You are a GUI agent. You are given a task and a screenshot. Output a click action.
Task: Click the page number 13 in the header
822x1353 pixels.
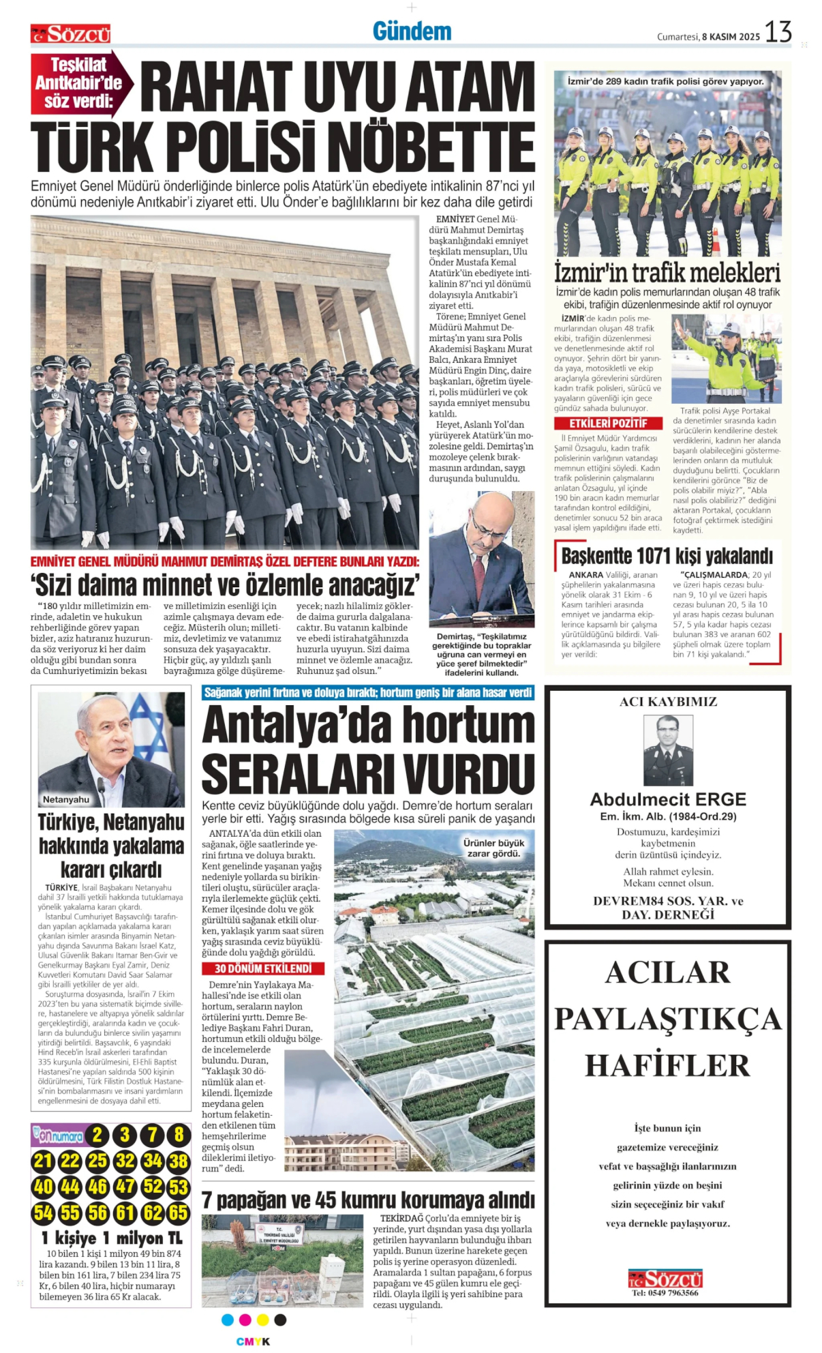click(778, 32)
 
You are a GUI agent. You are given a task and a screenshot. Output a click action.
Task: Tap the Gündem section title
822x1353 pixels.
click(412, 31)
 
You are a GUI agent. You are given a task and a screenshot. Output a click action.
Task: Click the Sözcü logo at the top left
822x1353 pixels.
click(70, 34)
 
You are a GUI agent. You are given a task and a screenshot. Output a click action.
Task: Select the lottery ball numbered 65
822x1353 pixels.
click(179, 1213)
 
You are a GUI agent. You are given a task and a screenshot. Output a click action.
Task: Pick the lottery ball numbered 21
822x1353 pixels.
click(43, 1161)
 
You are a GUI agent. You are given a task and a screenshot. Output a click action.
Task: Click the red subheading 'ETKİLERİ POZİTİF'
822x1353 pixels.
click(608, 423)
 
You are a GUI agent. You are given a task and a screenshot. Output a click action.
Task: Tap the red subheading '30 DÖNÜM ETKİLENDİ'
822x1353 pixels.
click(263, 968)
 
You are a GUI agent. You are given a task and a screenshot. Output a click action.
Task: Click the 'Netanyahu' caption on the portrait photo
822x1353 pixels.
click(66, 799)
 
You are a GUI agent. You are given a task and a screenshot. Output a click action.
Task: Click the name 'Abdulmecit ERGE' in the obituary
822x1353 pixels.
click(668, 799)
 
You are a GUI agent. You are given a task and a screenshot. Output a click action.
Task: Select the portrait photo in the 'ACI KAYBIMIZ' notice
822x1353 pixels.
click(668, 749)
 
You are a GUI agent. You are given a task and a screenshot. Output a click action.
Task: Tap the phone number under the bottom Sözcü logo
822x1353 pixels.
click(665, 1293)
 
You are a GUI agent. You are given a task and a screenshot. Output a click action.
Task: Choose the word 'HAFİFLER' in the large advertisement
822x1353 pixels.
click(667, 1065)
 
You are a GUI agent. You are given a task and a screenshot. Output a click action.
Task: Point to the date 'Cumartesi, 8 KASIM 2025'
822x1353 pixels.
click(707, 37)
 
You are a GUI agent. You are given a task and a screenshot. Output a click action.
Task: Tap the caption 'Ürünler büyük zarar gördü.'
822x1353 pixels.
click(494, 848)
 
